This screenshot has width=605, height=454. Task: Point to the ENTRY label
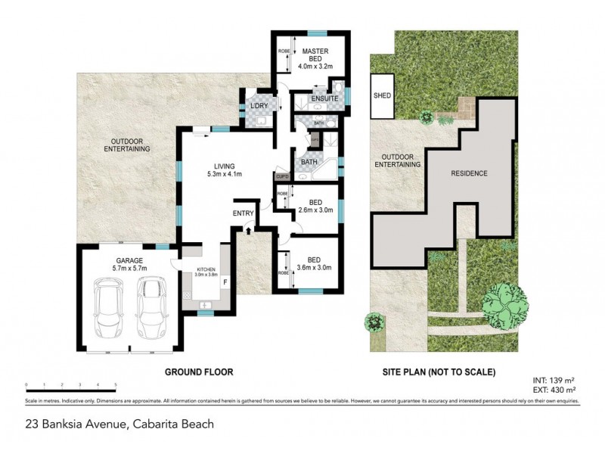[x=244, y=213]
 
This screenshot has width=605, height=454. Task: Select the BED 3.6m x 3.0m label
[x=315, y=263]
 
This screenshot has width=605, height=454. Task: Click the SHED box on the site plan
[x=382, y=96]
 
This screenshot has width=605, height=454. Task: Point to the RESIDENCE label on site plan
[x=470, y=173]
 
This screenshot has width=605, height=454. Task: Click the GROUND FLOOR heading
[x=199, y=372]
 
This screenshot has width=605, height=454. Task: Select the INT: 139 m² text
[x=554, y=378]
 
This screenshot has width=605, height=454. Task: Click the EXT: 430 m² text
[x=554, y=388]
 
